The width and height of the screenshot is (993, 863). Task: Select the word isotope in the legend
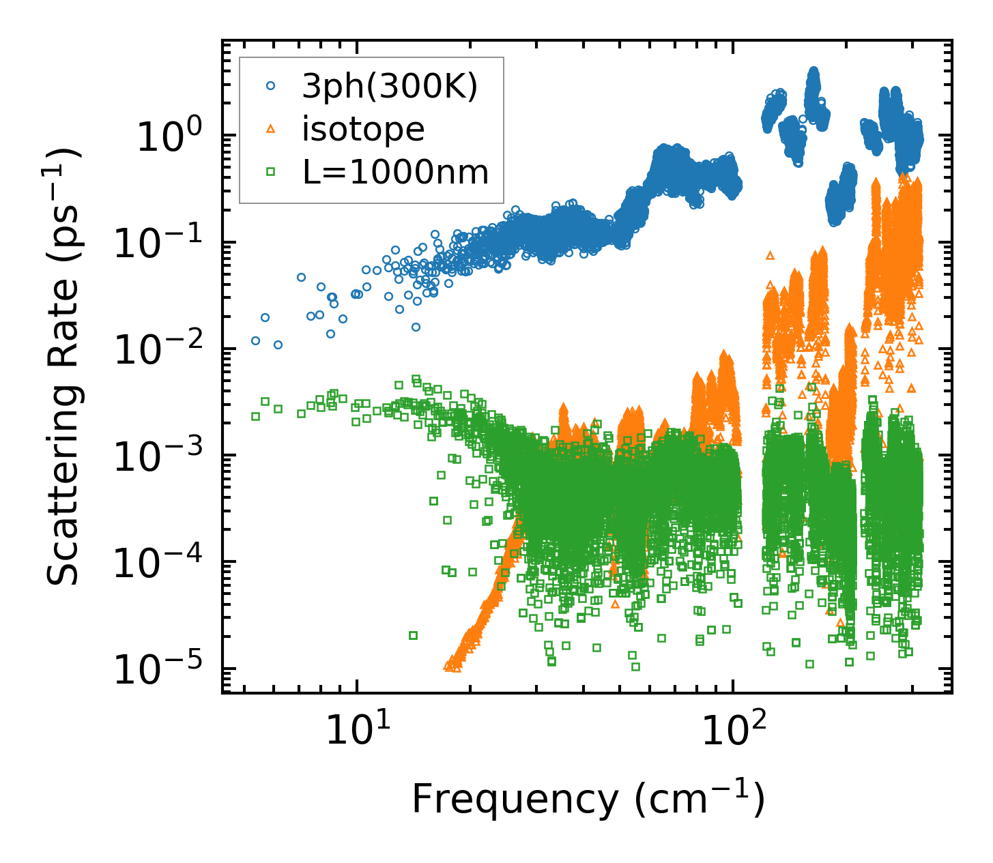(363, 129)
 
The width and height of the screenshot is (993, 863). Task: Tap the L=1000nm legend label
(396, 173)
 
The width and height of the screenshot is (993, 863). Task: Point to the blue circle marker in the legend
(271, 86)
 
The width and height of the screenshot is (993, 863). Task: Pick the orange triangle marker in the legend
(271, 129)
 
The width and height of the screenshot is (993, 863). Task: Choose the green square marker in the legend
(271, 173)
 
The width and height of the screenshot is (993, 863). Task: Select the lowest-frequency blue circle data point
(255, 340)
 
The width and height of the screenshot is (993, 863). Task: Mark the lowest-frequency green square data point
(255, 416)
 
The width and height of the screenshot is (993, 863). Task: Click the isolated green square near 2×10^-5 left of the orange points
(413, 636)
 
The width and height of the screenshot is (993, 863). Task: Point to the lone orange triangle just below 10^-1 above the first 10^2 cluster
(771, 255)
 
